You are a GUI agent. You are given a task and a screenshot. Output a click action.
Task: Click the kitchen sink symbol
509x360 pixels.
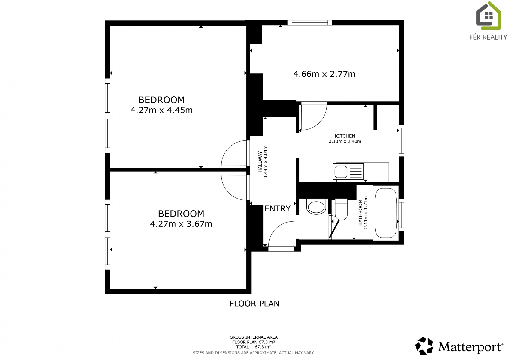pos(348,172)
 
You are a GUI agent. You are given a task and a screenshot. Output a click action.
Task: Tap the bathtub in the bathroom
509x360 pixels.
pos(386,213)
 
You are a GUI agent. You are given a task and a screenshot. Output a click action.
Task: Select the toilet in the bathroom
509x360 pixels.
pos(341,209)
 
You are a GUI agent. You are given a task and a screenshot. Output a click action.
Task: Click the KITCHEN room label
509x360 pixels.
pos(345,136)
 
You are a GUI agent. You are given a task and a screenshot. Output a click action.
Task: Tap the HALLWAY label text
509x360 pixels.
pos(260,162)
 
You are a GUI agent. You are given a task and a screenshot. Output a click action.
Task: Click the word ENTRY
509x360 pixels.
pos(277,208)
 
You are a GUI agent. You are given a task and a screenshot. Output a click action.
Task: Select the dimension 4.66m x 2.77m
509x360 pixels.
pos(324,74)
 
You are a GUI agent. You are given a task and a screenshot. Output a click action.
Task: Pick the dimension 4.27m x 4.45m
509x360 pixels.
pos(161,110)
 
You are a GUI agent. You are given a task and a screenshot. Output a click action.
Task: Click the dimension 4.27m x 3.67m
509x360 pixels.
pos(181,224)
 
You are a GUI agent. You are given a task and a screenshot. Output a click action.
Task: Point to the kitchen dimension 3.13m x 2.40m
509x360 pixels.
pos(345,141)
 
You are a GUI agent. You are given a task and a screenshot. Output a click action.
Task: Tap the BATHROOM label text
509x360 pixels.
pos(360,213)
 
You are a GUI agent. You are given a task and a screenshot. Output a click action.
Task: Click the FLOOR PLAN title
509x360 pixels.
pos(254,304)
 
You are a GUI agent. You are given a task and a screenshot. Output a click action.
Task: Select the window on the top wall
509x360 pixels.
pos(310,22)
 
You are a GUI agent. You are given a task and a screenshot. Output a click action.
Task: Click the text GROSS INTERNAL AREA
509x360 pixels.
pos(254,337)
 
